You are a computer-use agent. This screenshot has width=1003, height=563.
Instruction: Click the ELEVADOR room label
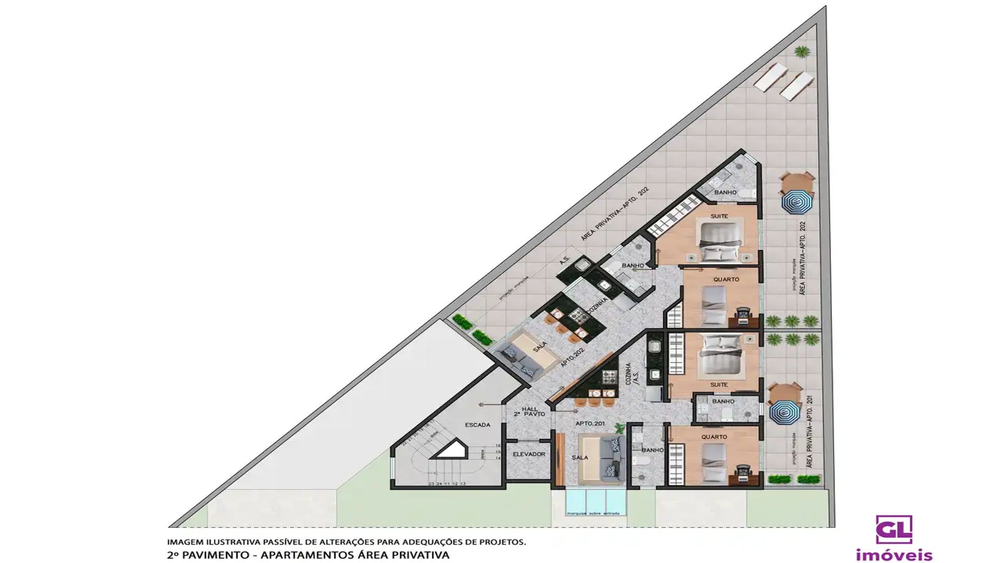coord(529,454)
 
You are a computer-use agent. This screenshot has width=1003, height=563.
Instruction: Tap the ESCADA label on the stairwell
coord(477,425)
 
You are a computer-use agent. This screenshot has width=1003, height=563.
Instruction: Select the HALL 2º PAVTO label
coord(530,412)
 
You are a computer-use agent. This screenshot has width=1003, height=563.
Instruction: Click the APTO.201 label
coord(590,424)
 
